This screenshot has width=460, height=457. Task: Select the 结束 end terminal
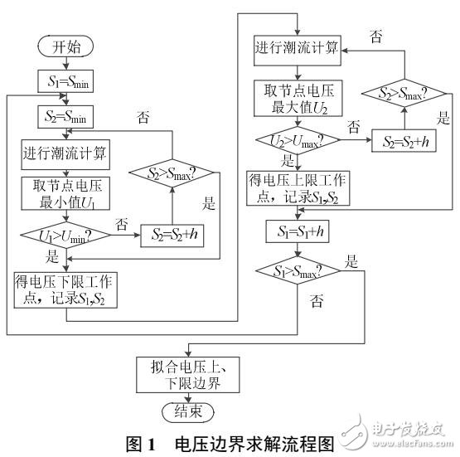186,411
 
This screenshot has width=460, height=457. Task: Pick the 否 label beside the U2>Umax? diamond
354,127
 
